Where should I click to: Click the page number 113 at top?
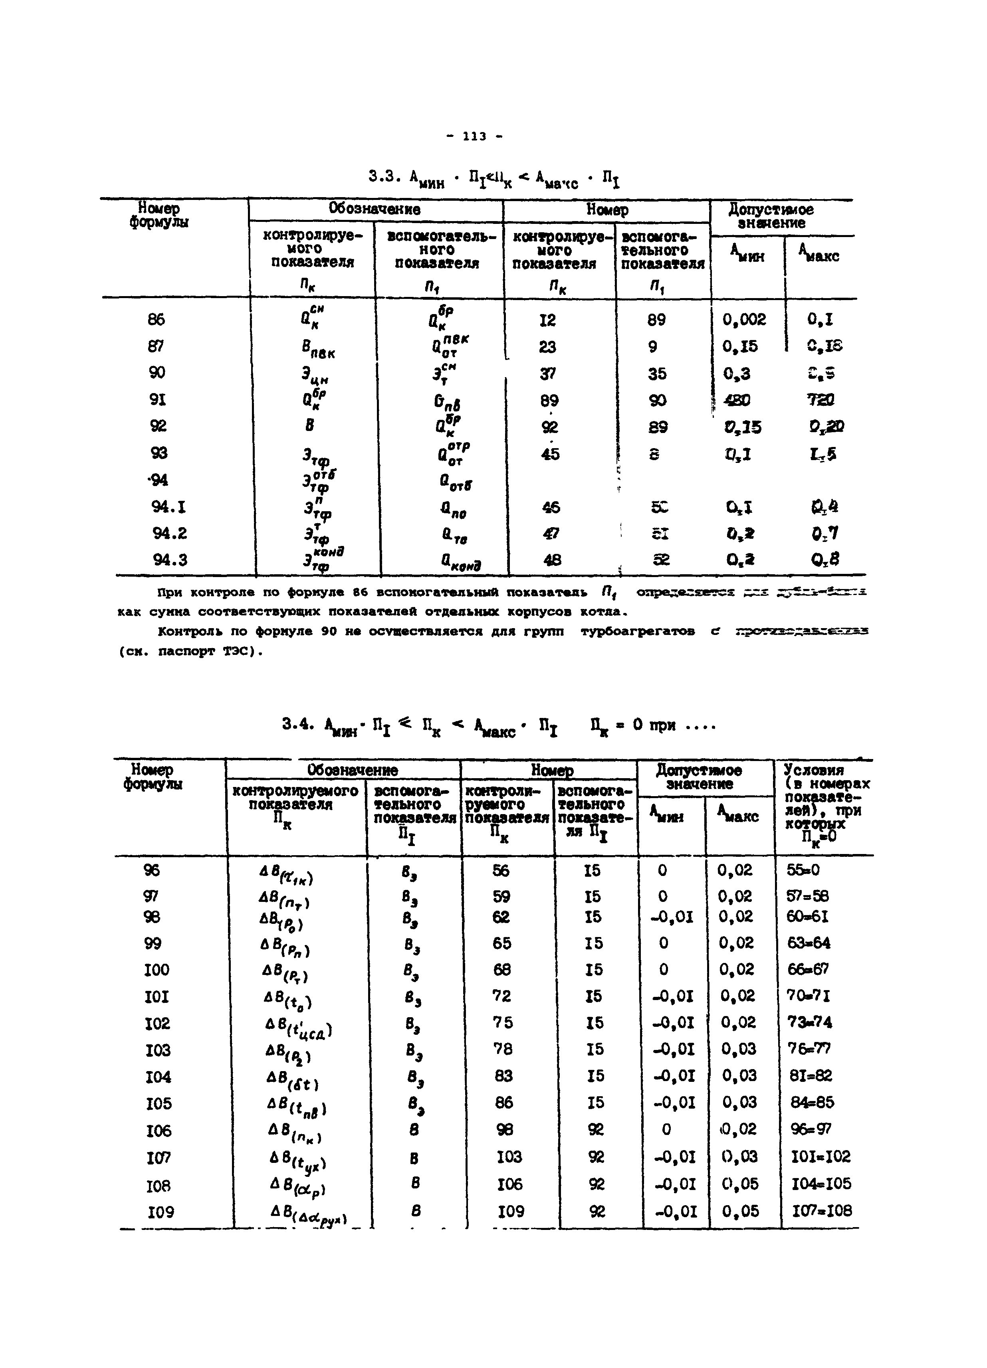tap(474, 137)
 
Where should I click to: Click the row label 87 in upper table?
tap(156, 346)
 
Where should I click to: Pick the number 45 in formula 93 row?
tap(550, 454)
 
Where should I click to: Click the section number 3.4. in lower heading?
tap(299, 724)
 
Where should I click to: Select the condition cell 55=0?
tap(803, 870)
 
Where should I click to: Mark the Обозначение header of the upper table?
tap(374, 209)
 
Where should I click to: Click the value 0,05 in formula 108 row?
tap(739, 1183)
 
